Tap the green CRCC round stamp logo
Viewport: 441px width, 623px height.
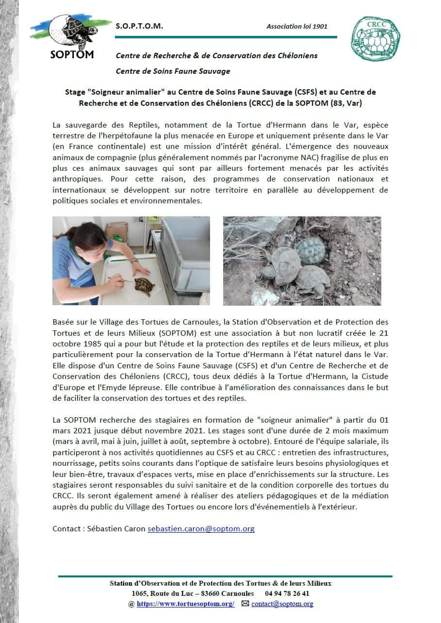[x=376, y=39]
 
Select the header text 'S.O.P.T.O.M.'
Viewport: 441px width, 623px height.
[x=139, y=26]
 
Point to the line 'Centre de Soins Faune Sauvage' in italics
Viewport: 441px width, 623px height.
[x=173, y=71]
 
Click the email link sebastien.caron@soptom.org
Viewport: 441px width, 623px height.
[x=201, y=528]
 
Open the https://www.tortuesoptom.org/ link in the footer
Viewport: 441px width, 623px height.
[x=185, y=604]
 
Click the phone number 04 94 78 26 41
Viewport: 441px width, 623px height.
[x=287, y=593]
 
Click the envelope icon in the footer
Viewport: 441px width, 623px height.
[x=245, y=604]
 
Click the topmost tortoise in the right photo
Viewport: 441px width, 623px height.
[x=310, y=249]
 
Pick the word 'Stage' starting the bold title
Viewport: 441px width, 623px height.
[x=75, y=92]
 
